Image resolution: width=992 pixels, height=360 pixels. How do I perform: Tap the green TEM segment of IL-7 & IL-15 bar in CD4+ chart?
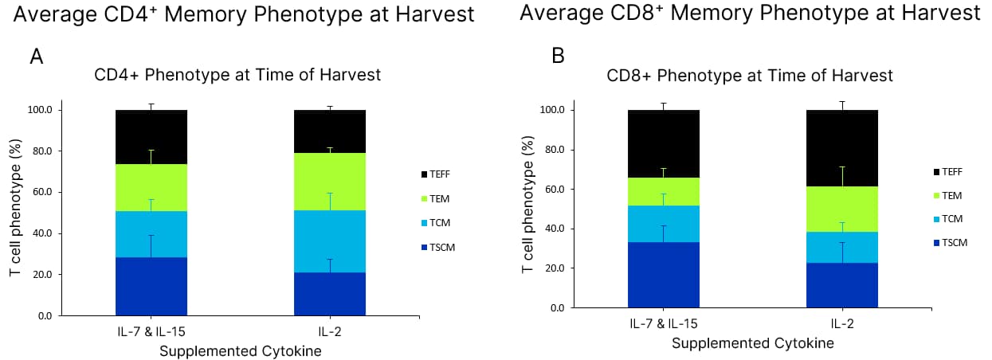coord(151,188)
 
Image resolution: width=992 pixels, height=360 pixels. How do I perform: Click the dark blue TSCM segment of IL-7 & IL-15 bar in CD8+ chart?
coord(664,275)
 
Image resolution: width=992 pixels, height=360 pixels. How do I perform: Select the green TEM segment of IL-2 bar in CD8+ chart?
coord(842,209)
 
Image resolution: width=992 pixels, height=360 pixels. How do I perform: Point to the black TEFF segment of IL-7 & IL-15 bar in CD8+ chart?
coord(664,144)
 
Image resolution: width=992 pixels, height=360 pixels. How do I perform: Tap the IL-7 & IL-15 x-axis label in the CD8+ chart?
coord(664,325)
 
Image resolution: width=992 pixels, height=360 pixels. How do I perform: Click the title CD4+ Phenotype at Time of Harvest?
coord(237,76)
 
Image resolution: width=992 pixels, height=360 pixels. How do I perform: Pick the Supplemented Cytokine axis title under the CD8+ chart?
coord(752,344)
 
